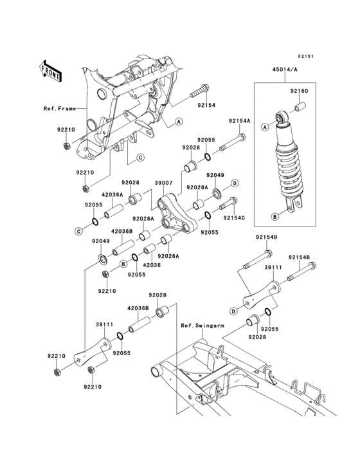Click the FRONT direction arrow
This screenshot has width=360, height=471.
50,71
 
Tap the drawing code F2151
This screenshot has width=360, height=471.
306,56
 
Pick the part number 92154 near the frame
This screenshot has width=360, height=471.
206,106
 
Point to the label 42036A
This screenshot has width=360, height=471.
113,194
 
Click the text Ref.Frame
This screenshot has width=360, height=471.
60,109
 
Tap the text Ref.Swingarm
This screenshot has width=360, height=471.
203,326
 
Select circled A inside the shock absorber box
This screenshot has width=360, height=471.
265,127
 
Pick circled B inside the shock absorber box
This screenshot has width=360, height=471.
275,216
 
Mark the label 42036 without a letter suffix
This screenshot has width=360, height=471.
152,265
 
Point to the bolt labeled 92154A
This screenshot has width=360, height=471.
233,142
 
